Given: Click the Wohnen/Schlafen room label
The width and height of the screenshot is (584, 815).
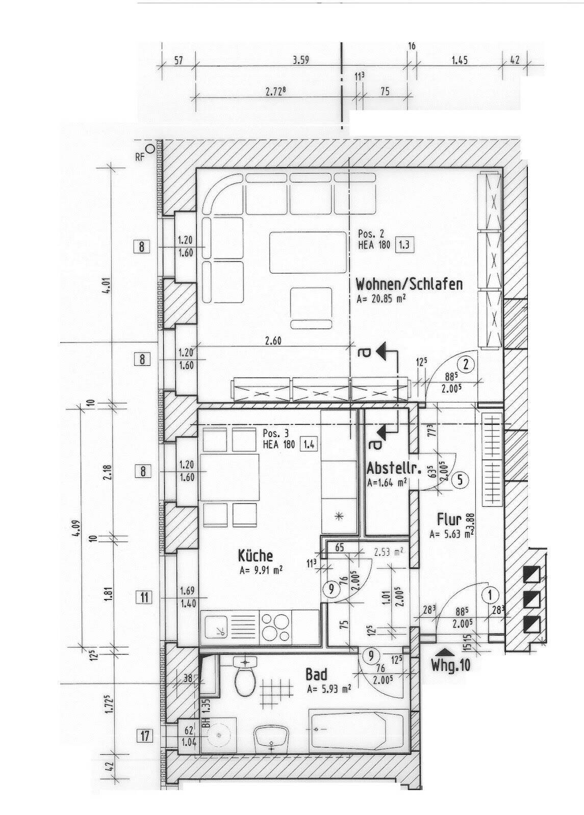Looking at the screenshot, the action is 409,284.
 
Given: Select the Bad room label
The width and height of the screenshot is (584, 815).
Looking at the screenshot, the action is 316,675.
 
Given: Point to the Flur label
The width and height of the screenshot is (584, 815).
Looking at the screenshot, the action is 449,519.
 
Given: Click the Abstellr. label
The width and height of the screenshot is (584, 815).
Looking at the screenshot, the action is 394,468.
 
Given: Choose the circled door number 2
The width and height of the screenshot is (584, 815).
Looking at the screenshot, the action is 467,363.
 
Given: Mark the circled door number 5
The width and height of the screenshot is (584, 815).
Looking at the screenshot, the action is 460,480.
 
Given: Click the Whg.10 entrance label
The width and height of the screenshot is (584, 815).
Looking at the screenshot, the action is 451,665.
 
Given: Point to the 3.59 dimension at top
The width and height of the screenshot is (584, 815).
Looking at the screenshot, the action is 301,60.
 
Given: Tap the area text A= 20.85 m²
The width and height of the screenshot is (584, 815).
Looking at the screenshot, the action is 380,299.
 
